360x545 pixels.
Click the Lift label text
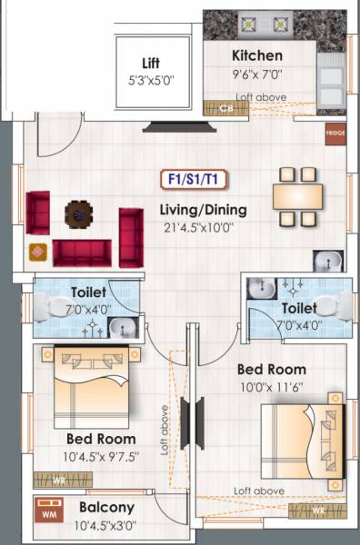tap(151, 64)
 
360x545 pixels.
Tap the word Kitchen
tap(257, 55)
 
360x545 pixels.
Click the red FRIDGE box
tap(335, 133)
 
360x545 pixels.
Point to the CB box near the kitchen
tap(227, 108)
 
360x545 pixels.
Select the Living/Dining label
tap(203, 210)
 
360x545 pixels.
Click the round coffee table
tap(79, 213)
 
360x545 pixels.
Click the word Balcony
tap(106, 507)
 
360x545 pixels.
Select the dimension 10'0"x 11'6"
tap(271, 387)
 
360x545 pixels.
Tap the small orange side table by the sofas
tap(37, 251)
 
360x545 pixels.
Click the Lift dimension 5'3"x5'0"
tap(150, 80)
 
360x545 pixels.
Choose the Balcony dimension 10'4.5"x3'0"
tap(105, 524)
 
